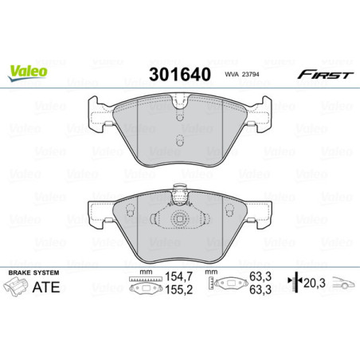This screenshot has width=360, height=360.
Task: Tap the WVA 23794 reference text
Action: pos(240,76)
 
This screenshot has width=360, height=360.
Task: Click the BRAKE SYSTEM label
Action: pos(31,272)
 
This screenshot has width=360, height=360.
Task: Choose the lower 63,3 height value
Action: pos(256,291)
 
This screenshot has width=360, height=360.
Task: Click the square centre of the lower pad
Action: pos(180,221)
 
